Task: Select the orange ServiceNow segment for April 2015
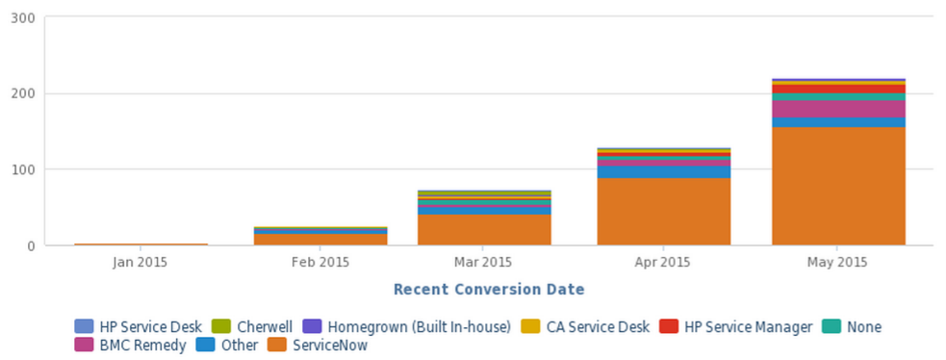click(663, 211)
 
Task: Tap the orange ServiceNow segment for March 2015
click(484, 229)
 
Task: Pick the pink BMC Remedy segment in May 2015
click(838, 109)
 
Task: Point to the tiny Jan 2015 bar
click(141, 244)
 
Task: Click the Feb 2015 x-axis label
click(320, 262)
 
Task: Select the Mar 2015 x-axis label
click(483, 262)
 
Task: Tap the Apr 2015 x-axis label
click(663, 262)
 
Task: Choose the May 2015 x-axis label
click(838, 262)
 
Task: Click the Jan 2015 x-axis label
click(141, 262)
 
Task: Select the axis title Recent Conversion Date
click(489, 289)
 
